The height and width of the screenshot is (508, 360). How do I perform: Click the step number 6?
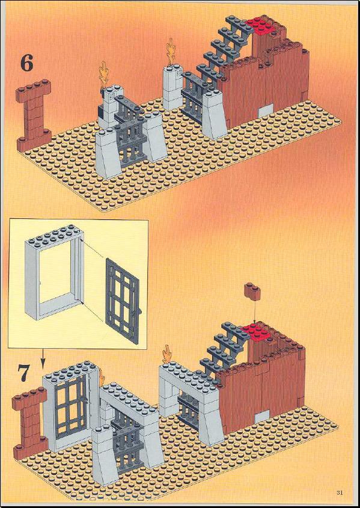point(27,63)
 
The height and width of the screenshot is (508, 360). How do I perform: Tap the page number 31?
point(340,493)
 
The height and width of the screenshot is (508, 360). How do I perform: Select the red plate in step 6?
point(261,24)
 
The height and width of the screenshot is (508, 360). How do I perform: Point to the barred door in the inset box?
point(123,301)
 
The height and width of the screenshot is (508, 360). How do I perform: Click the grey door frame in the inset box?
point(54,272)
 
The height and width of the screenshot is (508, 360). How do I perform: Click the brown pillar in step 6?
point(34,114)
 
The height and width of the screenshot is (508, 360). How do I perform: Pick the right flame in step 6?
point(171,52)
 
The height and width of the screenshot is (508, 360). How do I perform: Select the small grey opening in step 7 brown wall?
point(261,417)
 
